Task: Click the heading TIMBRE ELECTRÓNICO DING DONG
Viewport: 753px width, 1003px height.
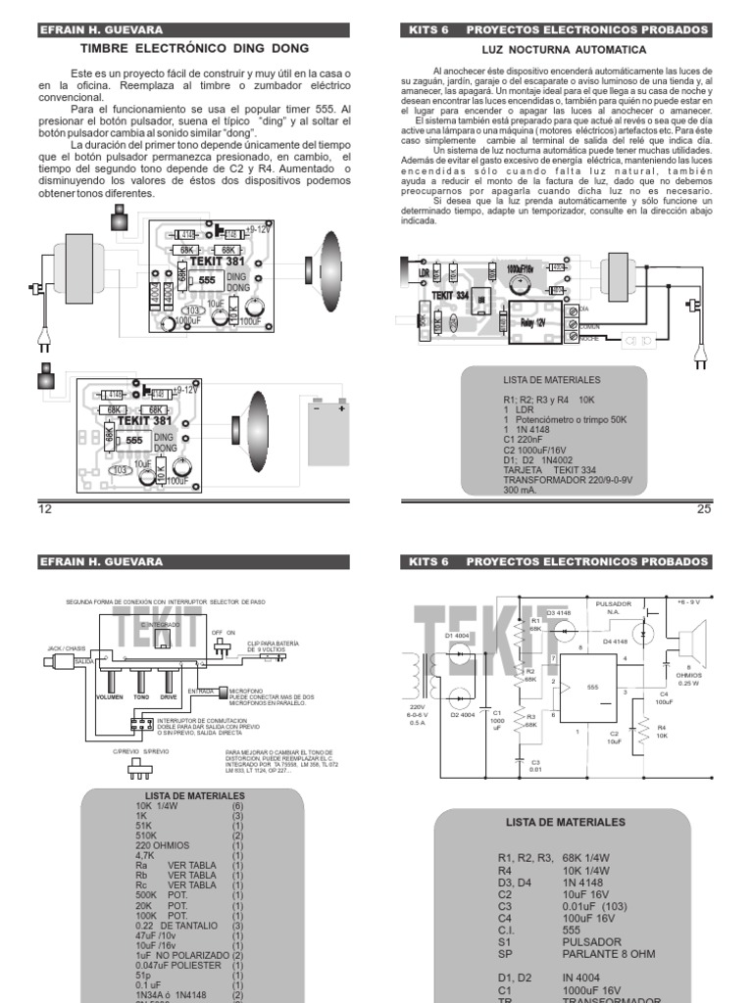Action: (x=193, y=48)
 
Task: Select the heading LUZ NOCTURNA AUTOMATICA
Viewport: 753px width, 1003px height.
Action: (x=564, y=48)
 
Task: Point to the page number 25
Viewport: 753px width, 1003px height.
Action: (x=702, y=509)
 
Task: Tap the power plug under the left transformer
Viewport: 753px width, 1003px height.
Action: (x=43, y=338)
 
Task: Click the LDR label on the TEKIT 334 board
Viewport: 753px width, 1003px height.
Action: (x=424, y=271)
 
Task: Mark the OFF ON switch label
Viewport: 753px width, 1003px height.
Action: (x=226, y=633)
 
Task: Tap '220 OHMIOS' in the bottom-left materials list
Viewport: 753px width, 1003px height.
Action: (x=162, y=844)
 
